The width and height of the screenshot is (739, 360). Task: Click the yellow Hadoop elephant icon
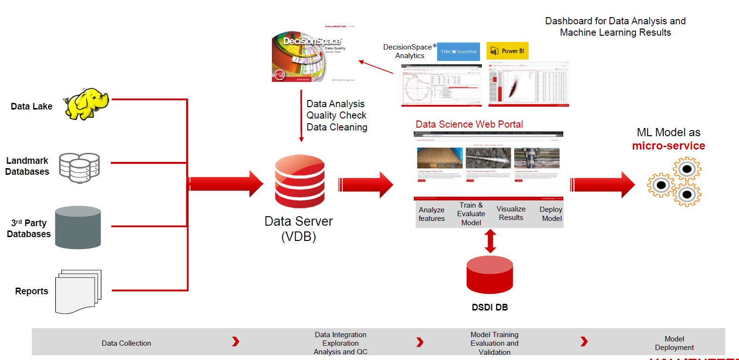tap(87, 103)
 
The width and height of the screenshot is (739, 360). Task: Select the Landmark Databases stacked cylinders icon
tap(79, 168)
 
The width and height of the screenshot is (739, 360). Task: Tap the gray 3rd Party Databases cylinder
tap(78, 228)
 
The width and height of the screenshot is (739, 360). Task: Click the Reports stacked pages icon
tap(79, 291)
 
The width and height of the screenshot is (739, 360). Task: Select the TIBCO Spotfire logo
tap(458, 51)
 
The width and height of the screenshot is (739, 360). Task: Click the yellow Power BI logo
tap(507, 51)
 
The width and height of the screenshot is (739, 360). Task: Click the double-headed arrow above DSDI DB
tap(490, 241)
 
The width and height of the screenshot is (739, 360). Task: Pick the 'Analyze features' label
tap(431, 214)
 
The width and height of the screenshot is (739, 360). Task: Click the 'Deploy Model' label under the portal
tap(551, 214)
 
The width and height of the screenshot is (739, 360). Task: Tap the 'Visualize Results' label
tap(511, 213)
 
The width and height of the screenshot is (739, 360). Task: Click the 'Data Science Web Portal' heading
tap(469, 124)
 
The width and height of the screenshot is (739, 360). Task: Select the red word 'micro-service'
tap(668, 146)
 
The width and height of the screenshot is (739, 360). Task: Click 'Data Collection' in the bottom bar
tap(126, 343)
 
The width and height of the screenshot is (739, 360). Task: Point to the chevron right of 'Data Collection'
tap(235, 342)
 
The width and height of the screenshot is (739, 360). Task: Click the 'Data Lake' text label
tap(31, 106)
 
